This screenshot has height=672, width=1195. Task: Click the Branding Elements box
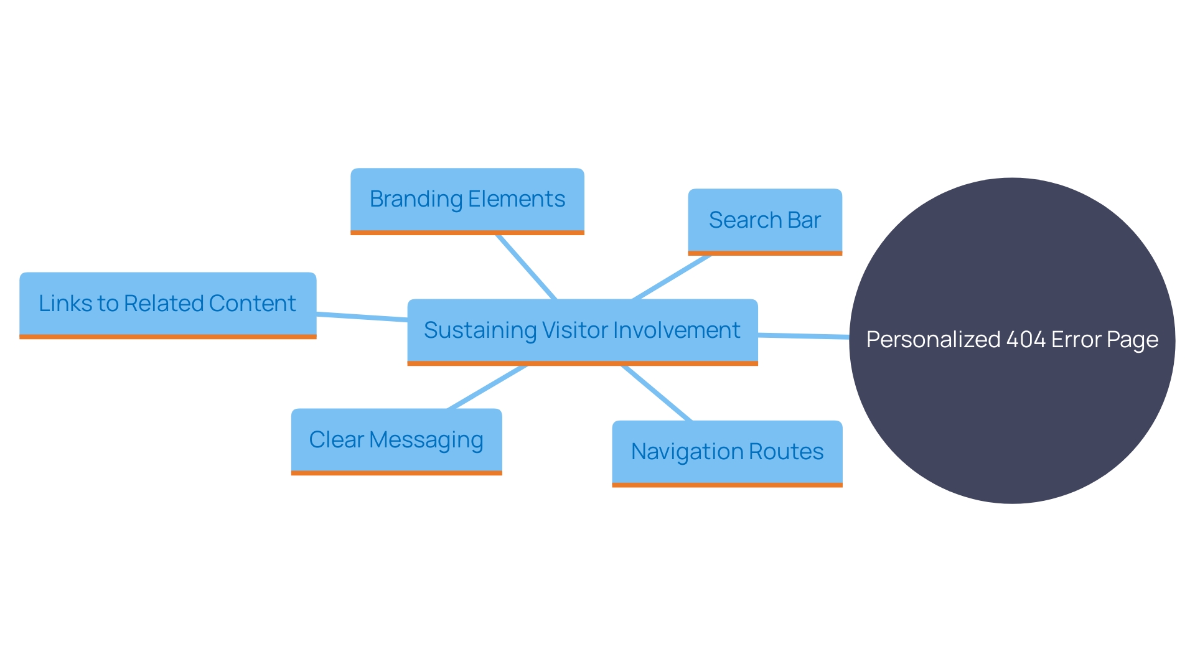tap(467, 200)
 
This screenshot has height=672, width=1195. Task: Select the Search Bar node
tap(764, 221)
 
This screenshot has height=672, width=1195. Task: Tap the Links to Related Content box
tap(167, 304)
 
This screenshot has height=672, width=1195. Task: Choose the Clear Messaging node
tap(396, 441)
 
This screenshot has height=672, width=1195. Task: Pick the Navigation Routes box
tap(727, 452)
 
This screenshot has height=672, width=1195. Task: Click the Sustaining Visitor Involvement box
tap(582, 331)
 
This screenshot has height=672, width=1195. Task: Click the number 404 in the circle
tap(1026, 340)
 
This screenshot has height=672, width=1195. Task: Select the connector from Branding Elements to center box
tap(526, 267)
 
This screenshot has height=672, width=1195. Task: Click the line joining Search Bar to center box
tap(671, 278)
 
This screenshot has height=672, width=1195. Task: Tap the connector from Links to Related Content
tap(362, 317)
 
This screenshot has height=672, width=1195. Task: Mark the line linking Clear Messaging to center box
tap(487, 387)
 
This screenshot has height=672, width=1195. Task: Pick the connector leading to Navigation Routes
tap(657, 393)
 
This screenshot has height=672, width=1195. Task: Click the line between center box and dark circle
tap(803, 336)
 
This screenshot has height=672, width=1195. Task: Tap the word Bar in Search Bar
tap(804, 220)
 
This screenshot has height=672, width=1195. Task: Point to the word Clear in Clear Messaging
tap(336, 440)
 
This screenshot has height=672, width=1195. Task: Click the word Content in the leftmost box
tap(252, 304)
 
